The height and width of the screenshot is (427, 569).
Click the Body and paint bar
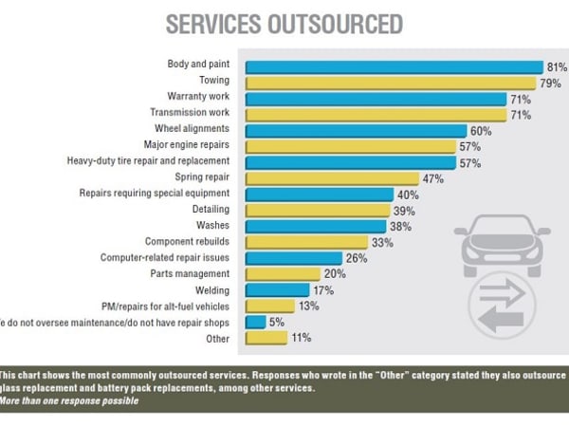click(x=394, y=66)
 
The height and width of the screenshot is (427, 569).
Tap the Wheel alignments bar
click(x=356, y=130)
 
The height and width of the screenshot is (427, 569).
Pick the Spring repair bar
click(x=332, y=177)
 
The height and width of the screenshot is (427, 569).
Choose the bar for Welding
click(x=277, y=289)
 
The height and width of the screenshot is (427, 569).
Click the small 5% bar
click(x=255, y=322)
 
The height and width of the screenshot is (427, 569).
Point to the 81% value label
click(x=557, y=66)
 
